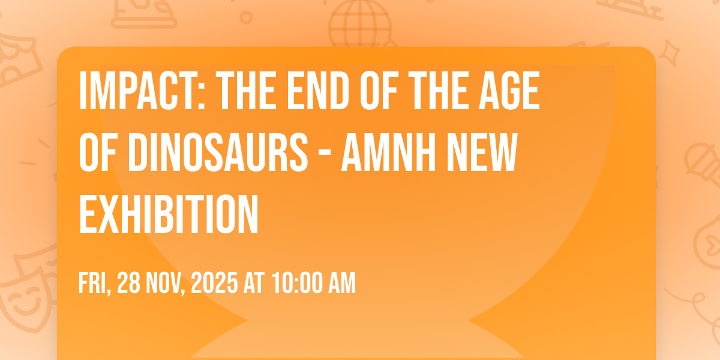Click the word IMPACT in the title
pos(142,91)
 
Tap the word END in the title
pos(318,91)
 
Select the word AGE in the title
pos(509,91)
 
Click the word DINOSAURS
pos(218,152)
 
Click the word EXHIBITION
pos(169,214)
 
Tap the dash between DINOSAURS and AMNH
pos(325,155)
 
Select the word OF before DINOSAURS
pos(97,152)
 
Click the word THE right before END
pos(246,91)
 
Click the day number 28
pos(128,283)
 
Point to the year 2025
pos(214,283)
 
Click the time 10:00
pos(297,283)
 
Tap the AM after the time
pos(342,283)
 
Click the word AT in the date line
pos(254,283)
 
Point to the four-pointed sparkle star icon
pos(669,53)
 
